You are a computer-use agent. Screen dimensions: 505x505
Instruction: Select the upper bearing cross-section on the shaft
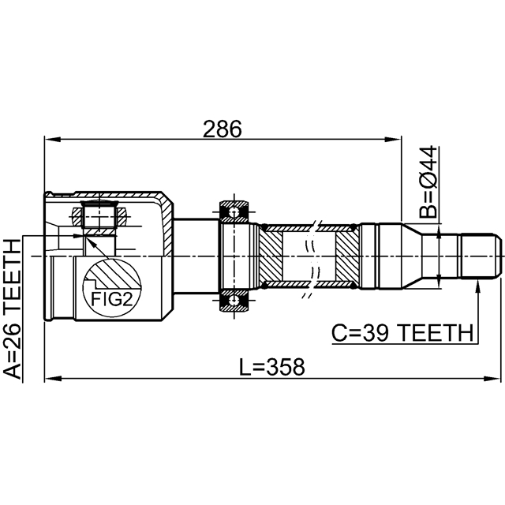[x=234, y=211]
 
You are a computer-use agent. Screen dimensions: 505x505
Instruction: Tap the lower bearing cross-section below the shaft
[x=234, y=301]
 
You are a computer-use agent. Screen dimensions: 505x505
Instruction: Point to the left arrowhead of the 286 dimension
[x=49, y=140]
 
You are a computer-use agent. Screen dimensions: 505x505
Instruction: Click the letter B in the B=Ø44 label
[x=427, y=210]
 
